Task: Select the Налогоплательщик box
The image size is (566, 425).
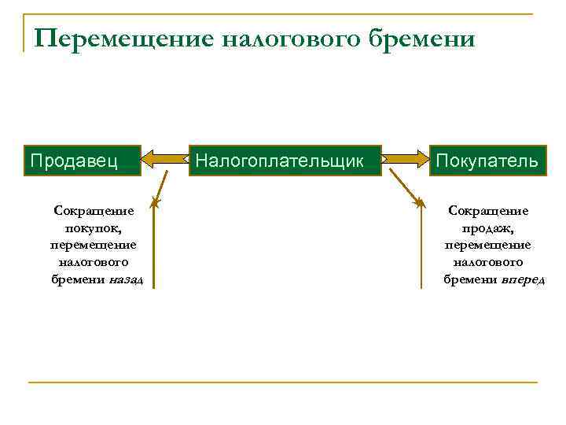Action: tap(285, 161)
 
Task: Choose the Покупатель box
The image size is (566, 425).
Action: tap(487, 161)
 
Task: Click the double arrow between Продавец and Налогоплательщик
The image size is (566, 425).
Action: tap(166, 160)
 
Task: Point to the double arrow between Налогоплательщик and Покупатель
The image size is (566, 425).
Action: tap(405, 160)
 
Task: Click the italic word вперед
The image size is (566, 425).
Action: tap(523, 281)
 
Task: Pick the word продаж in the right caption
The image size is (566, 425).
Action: tap(487, 228)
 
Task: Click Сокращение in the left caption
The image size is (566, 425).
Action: tap(93, 211)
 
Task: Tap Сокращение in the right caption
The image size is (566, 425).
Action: tap(487, 211)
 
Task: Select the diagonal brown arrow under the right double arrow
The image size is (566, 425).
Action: tap(406, 187)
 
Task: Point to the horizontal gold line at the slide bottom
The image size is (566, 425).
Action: tap(283, 382)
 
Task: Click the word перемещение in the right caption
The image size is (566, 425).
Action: tap(487, 246)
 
